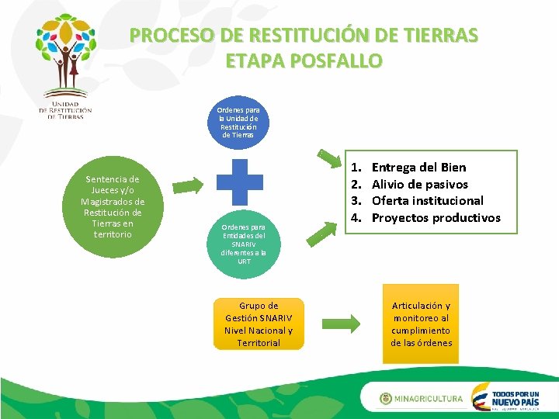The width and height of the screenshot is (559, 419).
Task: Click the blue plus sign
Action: click(x=241, y=182)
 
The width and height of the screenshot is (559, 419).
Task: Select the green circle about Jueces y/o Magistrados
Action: click(x=113, y=206)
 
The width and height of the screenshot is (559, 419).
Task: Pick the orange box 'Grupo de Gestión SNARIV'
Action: click(x=259, y=324)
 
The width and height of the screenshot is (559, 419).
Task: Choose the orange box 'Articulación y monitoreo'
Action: click(x=421, y=324)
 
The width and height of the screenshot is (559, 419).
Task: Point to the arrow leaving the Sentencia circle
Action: click(x=186, y=185)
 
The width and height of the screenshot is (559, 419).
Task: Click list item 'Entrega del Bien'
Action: click(x=418, y=167)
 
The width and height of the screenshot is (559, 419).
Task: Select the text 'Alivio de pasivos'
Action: click(x=419, y=184)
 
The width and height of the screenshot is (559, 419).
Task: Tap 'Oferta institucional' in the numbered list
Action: click(x=427, y=200)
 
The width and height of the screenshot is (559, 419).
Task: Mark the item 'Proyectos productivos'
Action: click(x=436, y=217)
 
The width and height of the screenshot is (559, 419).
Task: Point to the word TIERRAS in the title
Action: click(x=439, y=35)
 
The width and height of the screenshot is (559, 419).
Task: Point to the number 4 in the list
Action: click(x=356, y=217)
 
